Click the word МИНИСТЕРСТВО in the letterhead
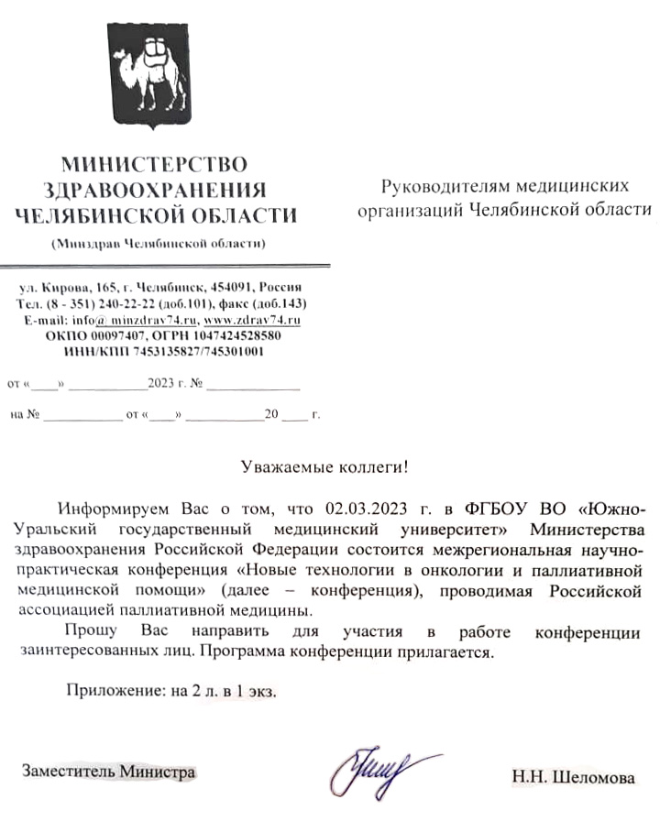tap(154, 165)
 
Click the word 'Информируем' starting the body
tap(110, 509)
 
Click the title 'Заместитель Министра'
tap(109, 772)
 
